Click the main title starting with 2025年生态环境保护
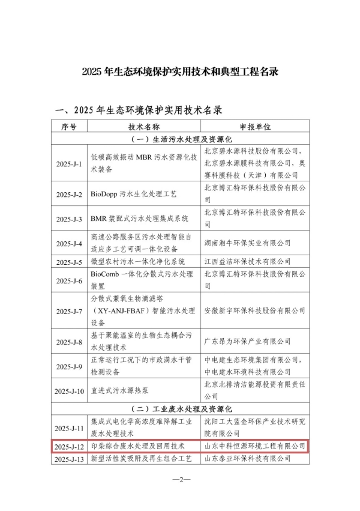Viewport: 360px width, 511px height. (180, 71)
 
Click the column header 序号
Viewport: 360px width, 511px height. (69, 127)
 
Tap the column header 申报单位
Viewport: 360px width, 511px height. (255, 127)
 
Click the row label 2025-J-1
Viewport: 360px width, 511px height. (69, 163)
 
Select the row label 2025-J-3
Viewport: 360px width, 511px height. (69, 218)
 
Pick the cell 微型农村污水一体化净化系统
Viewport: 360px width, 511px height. (137, 262)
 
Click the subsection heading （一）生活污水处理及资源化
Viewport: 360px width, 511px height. (180, 139)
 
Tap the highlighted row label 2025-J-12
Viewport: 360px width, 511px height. (69, 447)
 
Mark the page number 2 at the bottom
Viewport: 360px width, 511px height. (181, 480)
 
